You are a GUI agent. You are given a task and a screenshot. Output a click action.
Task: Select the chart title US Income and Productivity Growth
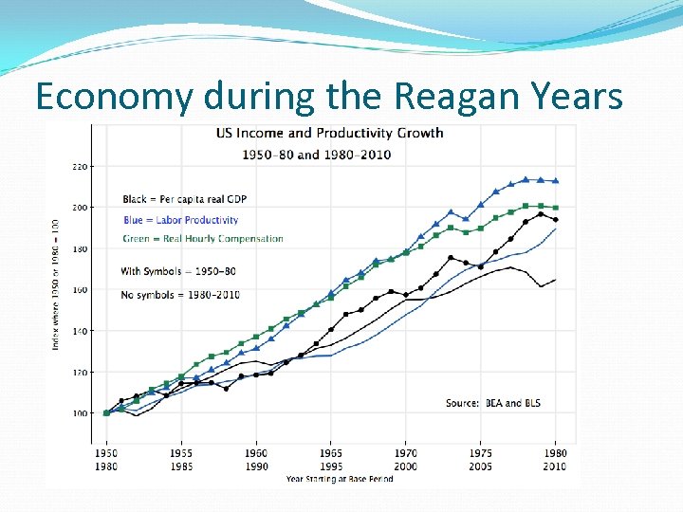coord(329,133)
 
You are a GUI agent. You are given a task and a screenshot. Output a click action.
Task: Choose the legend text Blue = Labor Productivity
coord(180,220)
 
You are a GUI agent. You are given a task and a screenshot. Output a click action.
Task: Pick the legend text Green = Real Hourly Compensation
coord(203,238)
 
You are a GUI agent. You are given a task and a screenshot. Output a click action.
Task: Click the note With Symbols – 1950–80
coord(178,271)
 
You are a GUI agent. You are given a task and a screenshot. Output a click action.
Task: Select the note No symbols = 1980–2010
coord(180,294)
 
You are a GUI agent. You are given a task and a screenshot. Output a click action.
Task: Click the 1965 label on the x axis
coord(331,454)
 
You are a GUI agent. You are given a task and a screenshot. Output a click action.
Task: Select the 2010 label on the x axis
coord(555,466)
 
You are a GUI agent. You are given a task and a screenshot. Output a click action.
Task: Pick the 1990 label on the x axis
coord(256,466)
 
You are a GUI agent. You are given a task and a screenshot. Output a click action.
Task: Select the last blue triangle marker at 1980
coord(556,180)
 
